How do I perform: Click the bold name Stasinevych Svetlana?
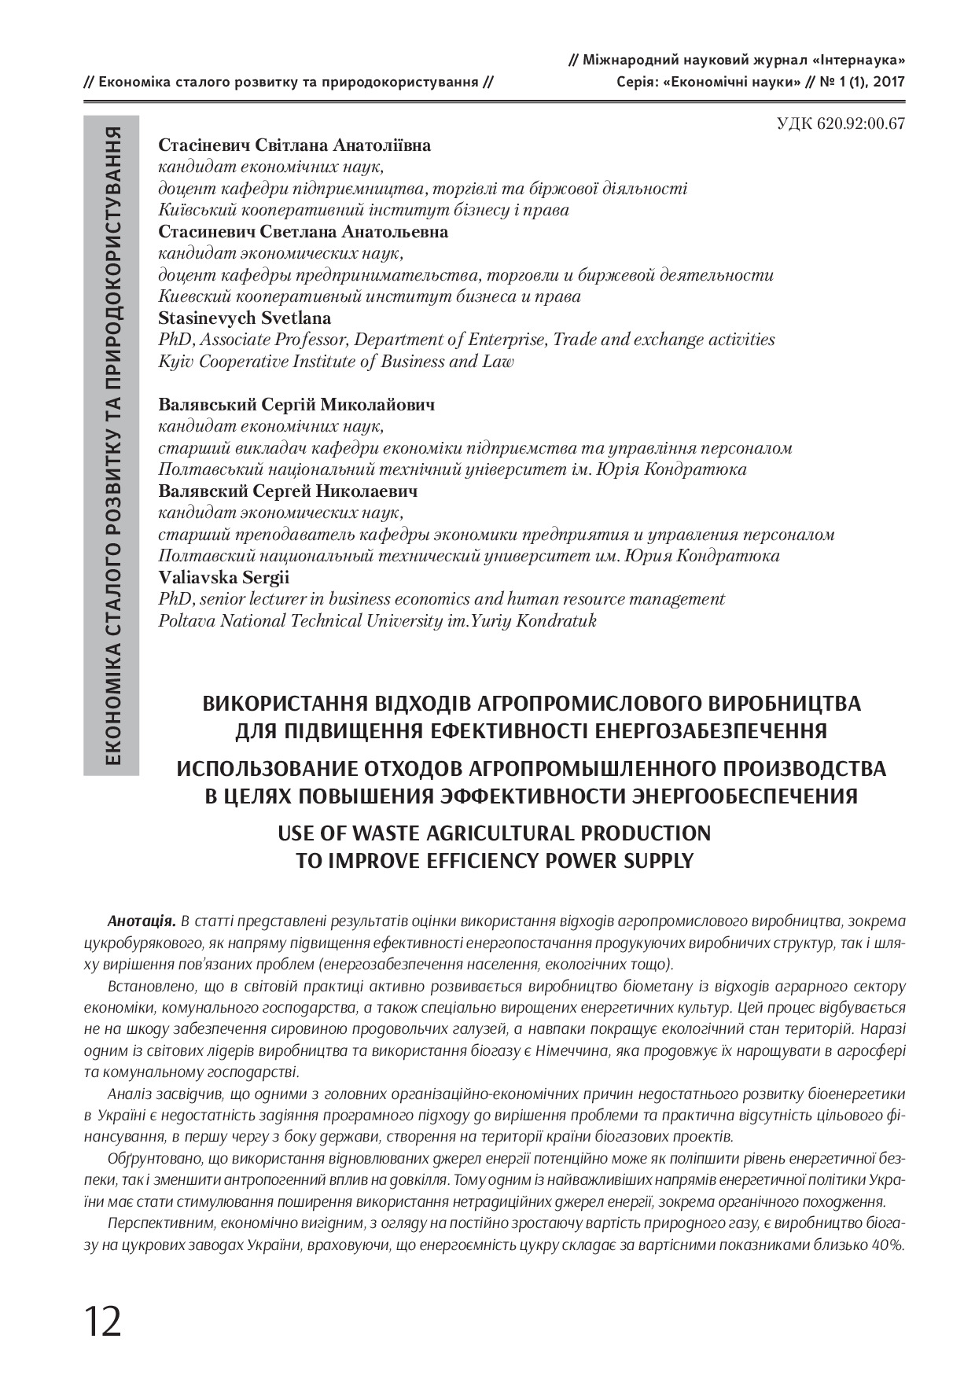(x=245, y=318)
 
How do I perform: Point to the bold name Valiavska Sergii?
(x=224, y=577)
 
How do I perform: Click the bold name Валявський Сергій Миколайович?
(x=296, y=405)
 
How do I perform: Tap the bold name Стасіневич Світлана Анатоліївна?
(x=295, y=145)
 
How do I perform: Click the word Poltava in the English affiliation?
(x=186, y=620)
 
